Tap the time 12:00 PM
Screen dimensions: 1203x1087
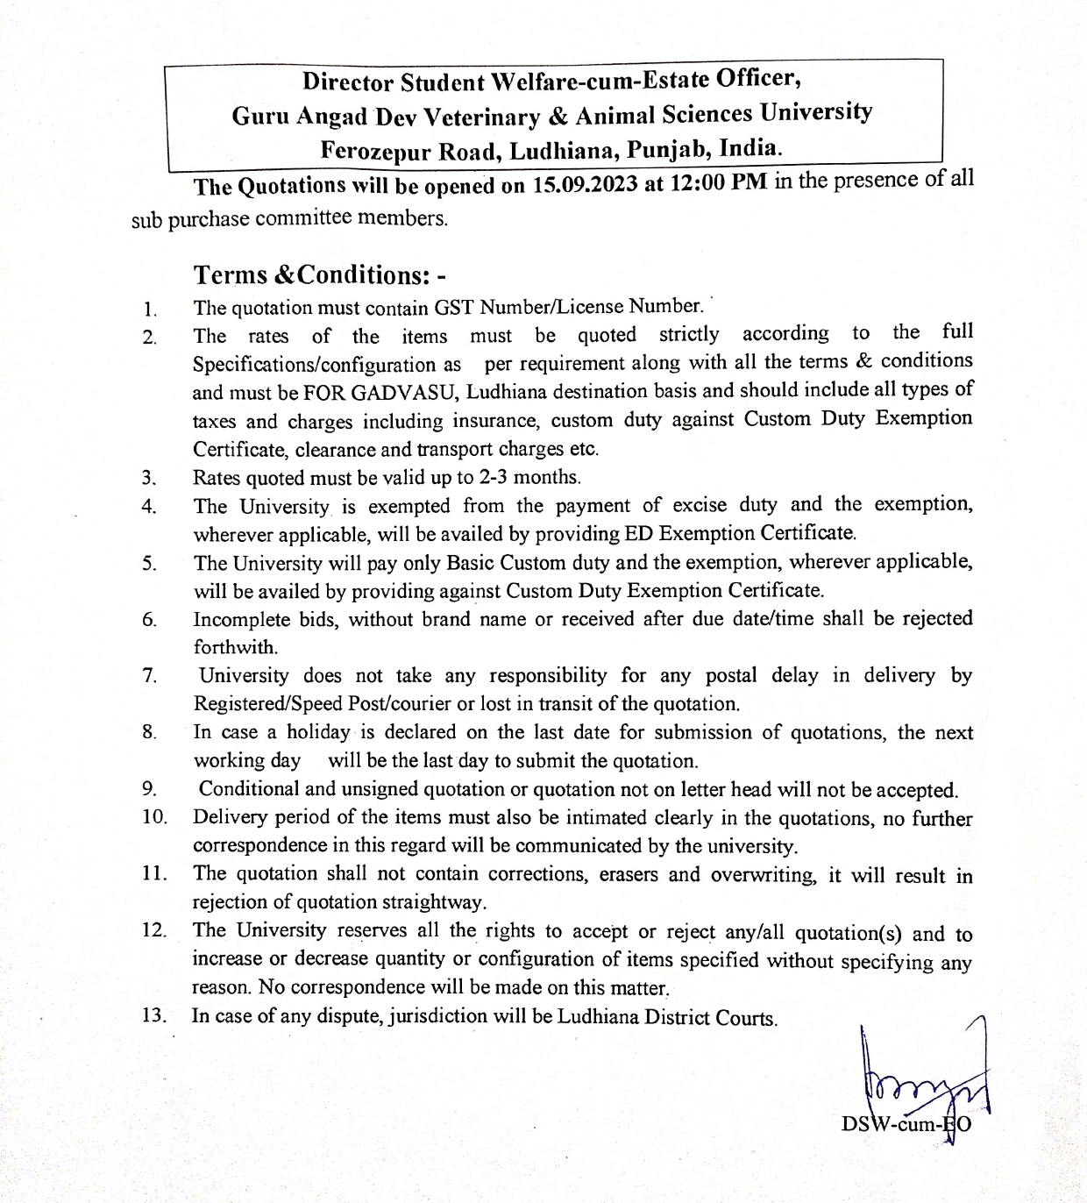pos(714,183)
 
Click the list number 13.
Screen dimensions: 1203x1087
pos(153,1017)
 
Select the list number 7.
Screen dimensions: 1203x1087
pos(149,676)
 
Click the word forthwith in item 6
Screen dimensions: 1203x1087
pos(235,648)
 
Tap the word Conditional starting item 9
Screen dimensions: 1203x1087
pos(248,789)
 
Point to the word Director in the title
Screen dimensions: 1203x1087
pos(347,82)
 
